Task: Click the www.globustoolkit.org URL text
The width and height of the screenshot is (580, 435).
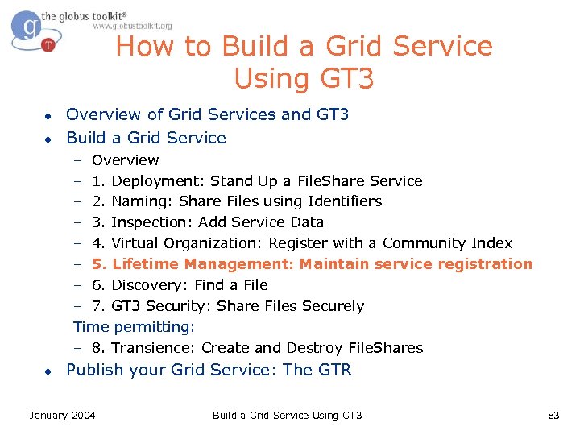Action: (x=132, y=26)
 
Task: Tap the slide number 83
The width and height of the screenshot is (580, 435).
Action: (x=553, y=415)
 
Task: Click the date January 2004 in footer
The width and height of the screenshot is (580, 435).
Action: (x=62, y=415)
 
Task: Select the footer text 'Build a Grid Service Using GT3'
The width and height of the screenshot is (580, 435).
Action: (x=287, y=415)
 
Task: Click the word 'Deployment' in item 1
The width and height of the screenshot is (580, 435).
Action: (x=158, y=180)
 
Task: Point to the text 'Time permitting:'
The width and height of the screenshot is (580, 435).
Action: (x=134, y=327)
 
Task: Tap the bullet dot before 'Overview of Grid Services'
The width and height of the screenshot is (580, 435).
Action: (x=49, y=115)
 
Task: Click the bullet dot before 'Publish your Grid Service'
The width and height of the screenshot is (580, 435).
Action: (x=49, y=371)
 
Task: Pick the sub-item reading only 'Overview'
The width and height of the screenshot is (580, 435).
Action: (x=125, y=159)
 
